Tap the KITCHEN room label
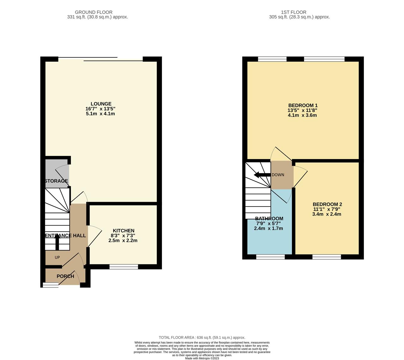pos(123,231)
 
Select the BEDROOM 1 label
pos(303,105)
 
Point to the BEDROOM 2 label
pos(327,204)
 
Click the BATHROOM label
pos(269,219)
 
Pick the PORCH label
pos(65,276)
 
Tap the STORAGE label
pos(56,181)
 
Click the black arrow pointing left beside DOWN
pos(261,175)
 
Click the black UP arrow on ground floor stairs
pos(57,243)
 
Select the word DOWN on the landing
pos(278,175)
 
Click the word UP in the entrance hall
pos(57,257)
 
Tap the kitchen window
pos(124,267)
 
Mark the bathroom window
pos(270,257)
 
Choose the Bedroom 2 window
pos(327,257)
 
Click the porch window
pos(50,285)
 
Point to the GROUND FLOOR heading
pos(98,12)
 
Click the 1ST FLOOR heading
pos(299,12)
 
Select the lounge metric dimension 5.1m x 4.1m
pos(100,114)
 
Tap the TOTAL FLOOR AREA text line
pos(202,338)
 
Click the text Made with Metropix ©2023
pos(202,358)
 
